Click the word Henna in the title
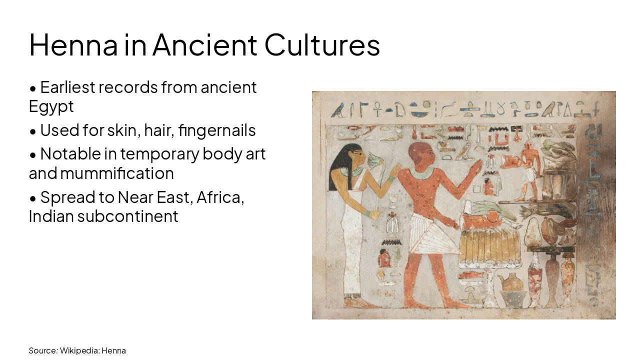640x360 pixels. (x=73, y=45)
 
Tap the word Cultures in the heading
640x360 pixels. (x=322, y=45)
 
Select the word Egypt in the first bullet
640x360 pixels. (x=51, y=106)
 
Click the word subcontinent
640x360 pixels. (x=127, y=216)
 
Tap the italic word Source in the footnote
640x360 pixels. (x=42, y=350)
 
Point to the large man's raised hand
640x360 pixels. (x=475, y=167)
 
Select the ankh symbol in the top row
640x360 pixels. (x=378, y=108)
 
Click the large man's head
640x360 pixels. (x=420, y=155)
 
